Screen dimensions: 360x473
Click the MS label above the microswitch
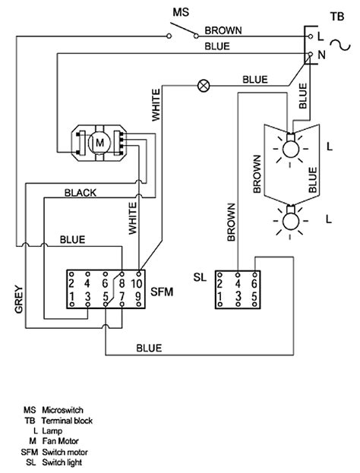coord(181,12)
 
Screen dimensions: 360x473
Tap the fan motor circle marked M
coord(99,143)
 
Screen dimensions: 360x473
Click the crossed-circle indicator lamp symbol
coord(204,86)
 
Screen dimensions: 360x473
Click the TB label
coord(337,16)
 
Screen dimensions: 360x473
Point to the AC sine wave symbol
coord(340,46)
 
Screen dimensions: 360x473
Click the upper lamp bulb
coord(291,148)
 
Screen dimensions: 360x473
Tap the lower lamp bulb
coord(291,219)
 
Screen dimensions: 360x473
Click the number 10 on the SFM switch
coord(137,283)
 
